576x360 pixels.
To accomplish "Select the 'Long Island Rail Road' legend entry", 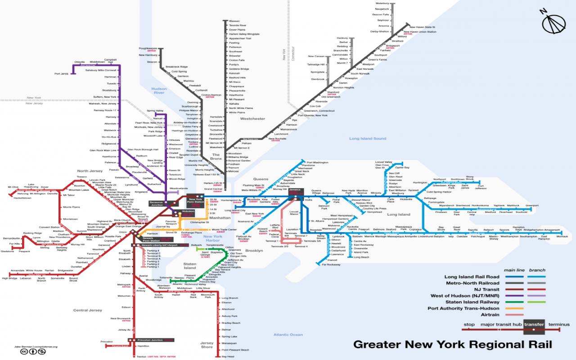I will [472, 277].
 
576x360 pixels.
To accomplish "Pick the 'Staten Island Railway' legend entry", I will [472, 302].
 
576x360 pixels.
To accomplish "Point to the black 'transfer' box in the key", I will [534, 324].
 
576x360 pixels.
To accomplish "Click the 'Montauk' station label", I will [562, 236].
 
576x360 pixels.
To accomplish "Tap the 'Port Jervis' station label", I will [61, 73].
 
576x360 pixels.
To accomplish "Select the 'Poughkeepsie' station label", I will [148, 48].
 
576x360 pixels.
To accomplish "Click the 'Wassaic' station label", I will [234, 21].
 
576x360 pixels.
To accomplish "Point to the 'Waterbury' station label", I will [382, 3].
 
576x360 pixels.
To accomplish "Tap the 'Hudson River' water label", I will [159, 90].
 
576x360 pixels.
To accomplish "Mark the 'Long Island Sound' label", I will [368, 139].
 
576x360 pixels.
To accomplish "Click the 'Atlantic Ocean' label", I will [288, 334].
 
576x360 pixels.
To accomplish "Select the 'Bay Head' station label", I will [228, 356].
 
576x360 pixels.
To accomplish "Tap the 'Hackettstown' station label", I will [22, 198].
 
